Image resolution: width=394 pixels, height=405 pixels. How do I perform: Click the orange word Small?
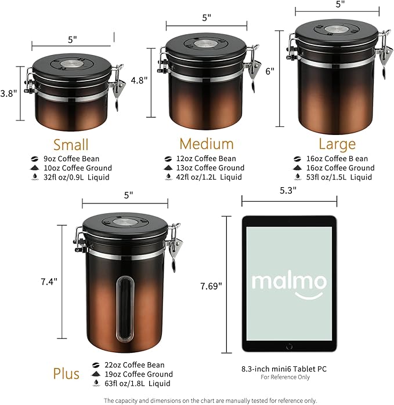coord(71,144)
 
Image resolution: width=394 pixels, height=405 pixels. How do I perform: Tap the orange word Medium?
coord(206,144)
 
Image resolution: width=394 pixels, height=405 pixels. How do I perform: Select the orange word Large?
coord(337,144)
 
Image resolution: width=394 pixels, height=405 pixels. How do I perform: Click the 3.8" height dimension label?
coord(9,92)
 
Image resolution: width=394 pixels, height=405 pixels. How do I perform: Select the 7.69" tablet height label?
coord(210,286)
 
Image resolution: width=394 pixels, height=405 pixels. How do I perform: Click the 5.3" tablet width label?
coord(289,190)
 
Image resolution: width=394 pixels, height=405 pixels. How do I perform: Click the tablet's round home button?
coord(288,345)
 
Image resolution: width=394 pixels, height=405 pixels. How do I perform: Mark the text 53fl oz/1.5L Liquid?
coord(339,177)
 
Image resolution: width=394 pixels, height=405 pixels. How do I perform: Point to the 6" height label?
coord(269,72)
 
